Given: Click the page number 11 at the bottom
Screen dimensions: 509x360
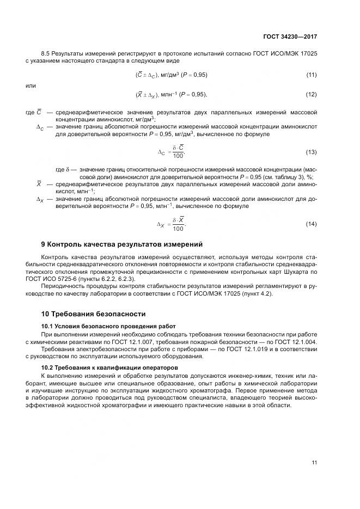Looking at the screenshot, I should pyautogui.click(x=314, y=463).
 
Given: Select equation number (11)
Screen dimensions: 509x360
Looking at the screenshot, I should pyautogui.click(x=312, y=75).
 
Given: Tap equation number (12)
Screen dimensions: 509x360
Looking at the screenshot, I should pyautogui.click(x=312, y=95).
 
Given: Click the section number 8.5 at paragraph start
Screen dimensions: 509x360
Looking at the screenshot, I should pyautogui.click(x=46, y=53).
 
